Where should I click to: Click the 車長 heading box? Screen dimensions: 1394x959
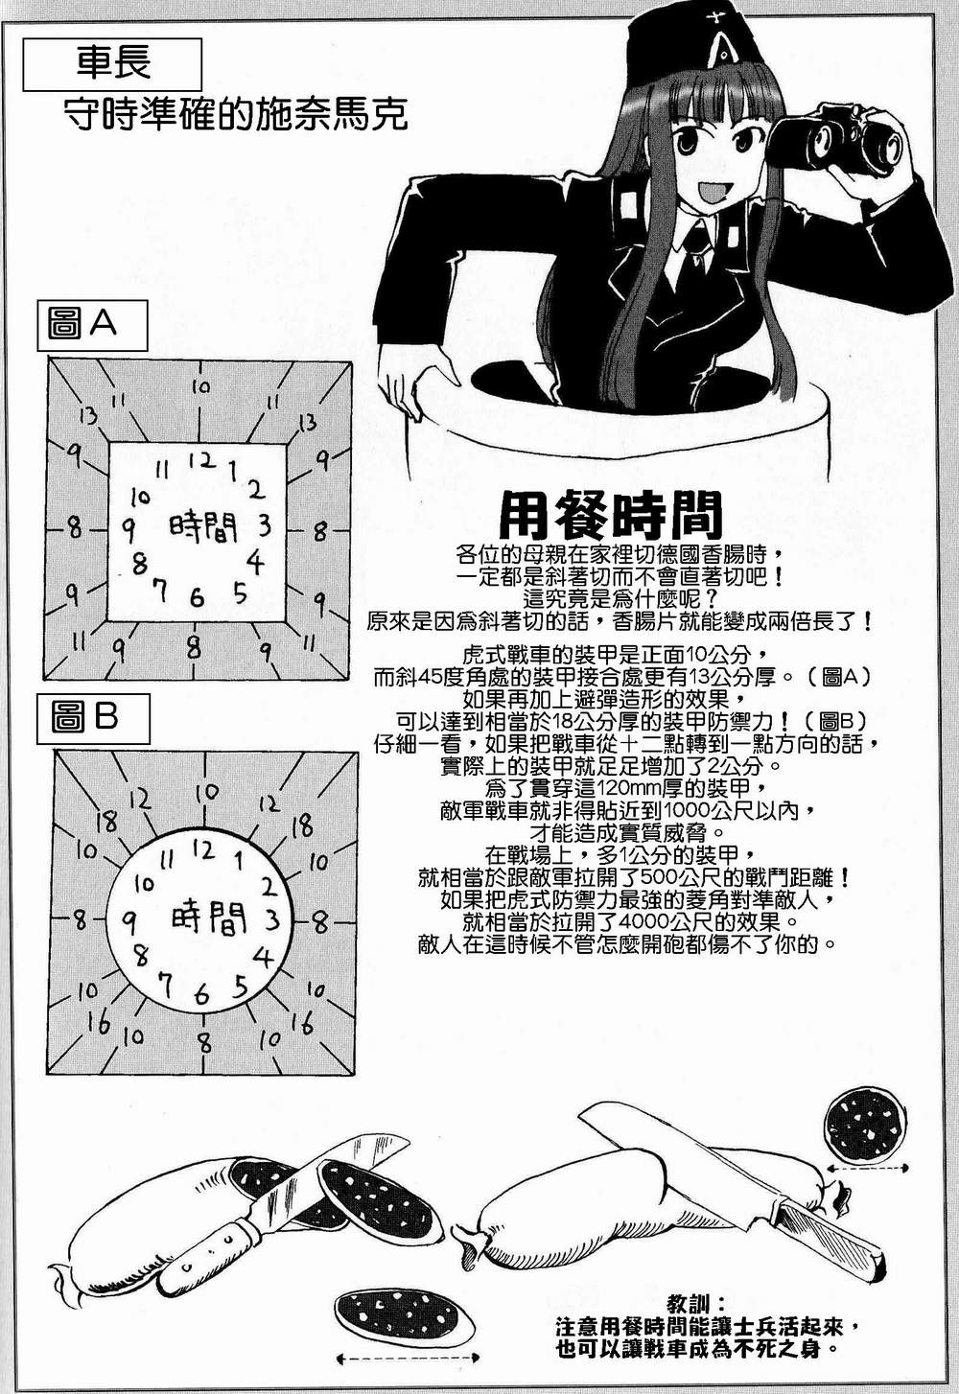113,64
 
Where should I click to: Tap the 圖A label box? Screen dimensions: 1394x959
91,325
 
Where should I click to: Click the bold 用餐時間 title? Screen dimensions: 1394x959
610,516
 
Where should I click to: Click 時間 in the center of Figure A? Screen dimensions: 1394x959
202,526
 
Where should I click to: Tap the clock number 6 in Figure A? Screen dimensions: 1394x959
197,598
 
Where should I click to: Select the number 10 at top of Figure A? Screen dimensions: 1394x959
200,388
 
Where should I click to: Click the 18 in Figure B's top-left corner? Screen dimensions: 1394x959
106,821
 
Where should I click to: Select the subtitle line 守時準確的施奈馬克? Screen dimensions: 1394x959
236,115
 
